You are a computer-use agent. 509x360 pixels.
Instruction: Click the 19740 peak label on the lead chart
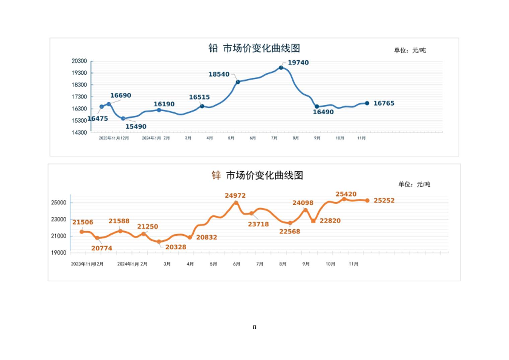pyautogui.click(x=298, y=63)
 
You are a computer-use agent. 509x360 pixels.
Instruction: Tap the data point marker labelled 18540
pyautogui.click(x=238, y=82)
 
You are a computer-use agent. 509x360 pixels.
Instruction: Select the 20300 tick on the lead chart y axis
pyautogui.click(x=79, y=61)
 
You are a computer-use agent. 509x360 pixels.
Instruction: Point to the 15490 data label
pyautogui.click(x=136, y=127)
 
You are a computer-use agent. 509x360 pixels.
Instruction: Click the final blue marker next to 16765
pyautogui.click(x=367, y=103)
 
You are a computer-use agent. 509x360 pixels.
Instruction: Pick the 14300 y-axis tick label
pyautogui.click(x=79, y=132)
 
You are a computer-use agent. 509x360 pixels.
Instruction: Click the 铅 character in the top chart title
pyautogui.click(x=213, y=48)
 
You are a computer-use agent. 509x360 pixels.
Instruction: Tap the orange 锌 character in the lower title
pyautogui.click(x=216, y=175)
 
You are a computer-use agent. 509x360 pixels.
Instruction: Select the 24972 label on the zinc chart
pyautogui.click(x=235, y=195)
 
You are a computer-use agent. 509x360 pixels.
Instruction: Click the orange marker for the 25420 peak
pyautogui.click(x=344, y=199)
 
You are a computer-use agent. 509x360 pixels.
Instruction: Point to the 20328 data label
pyautogui.click(x=175, y=247)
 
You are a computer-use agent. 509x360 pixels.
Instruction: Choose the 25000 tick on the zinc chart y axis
pyautogui.click(x=59, y=202)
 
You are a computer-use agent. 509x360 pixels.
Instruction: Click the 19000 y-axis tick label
pyautogui.click(x=59, y=253)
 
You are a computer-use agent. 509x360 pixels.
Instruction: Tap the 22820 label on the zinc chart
pyautogui.click(x=330, y=221)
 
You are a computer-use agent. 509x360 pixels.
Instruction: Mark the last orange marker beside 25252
pyautogui.click(x=367, y=200)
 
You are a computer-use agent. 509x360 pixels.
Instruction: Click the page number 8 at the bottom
pyautogui.click(x=254, y=327)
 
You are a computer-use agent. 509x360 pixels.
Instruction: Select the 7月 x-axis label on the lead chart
pyautogui.click(x=274, y=138)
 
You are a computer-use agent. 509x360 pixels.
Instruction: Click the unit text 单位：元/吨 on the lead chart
pyautogui.click(x=410, y=50)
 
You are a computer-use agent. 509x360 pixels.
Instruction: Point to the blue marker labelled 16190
pyautogui.click(x=159, y=110)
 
